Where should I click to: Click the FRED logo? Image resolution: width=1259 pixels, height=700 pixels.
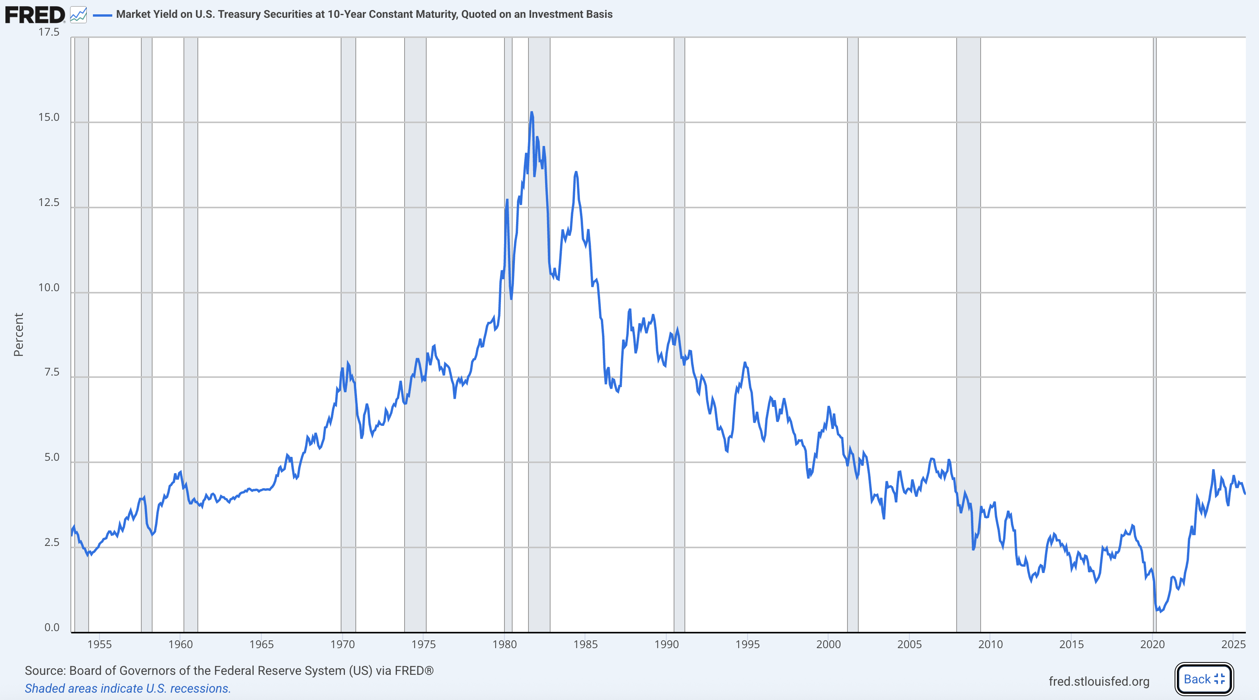point(34,15)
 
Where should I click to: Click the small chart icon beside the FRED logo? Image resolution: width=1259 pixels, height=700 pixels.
point(78,15)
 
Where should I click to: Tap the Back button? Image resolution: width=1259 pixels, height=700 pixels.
point(1204,679)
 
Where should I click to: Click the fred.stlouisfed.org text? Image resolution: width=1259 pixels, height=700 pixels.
point(1099,681)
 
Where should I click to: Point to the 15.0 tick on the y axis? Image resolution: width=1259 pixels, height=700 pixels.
point(49,117)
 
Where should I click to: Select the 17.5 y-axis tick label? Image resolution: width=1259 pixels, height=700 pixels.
point(49,32)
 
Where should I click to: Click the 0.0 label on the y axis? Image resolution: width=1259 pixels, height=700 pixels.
point(51,627)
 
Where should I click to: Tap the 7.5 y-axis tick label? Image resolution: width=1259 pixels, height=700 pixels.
point(51,372)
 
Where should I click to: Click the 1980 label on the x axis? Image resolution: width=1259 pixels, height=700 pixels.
point(504,644)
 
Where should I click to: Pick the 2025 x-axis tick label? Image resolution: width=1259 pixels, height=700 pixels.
point(1233,644)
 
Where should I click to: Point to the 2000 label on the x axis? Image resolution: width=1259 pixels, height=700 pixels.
point(828,644)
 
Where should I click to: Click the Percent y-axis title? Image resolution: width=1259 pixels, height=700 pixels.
point(19,335)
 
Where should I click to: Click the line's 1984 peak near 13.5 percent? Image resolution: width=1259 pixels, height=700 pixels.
point(576,172)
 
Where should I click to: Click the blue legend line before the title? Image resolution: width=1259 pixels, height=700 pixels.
point(102,15)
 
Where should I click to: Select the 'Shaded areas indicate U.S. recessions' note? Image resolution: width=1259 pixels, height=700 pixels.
point(127,688)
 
